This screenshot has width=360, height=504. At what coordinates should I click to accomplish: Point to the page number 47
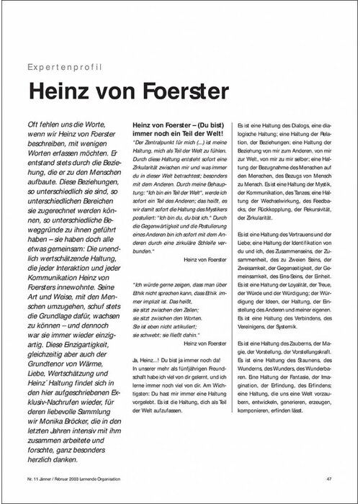[328, 478]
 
